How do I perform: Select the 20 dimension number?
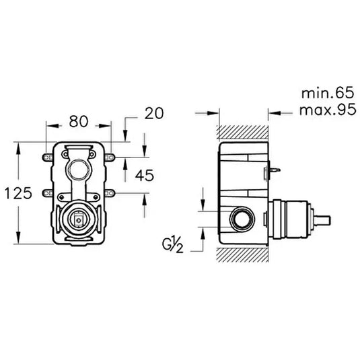pyautogui.click(x=155, y=114)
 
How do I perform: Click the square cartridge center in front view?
pyautogui.click(x=79, y=218)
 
